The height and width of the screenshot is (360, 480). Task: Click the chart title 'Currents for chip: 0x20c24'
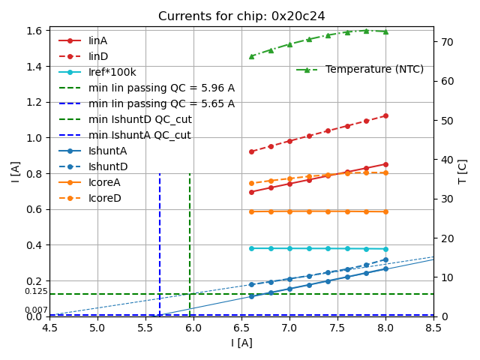coord(241,16)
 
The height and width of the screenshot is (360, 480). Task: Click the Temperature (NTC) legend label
coord(374,69)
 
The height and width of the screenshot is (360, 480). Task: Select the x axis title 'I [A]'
coord(241,343)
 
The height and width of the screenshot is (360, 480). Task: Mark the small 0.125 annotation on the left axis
coord(36,291)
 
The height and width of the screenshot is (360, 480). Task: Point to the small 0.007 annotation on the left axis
coord(36,310)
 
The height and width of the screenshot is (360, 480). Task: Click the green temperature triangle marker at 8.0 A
coord(385,31)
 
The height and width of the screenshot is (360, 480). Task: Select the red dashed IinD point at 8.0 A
coord(385,115)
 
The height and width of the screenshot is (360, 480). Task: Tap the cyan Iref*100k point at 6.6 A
coord(251,248)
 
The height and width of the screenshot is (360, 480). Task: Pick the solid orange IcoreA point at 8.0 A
coord(385,211)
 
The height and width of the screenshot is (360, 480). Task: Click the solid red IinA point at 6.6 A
coord(251,192)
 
